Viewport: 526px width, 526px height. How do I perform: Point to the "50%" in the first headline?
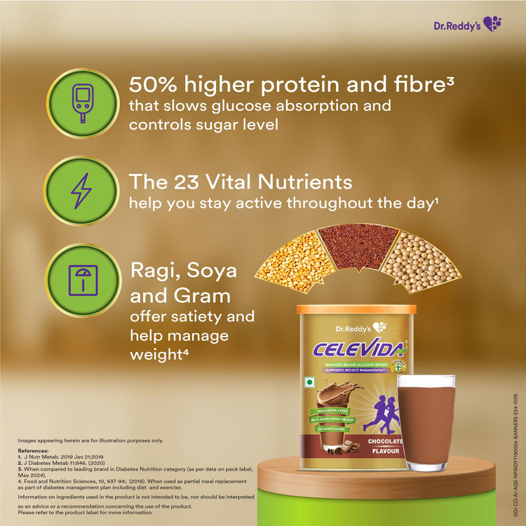155,84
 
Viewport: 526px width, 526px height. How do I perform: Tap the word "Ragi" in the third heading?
154,271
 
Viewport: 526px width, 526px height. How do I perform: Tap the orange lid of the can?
356,309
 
